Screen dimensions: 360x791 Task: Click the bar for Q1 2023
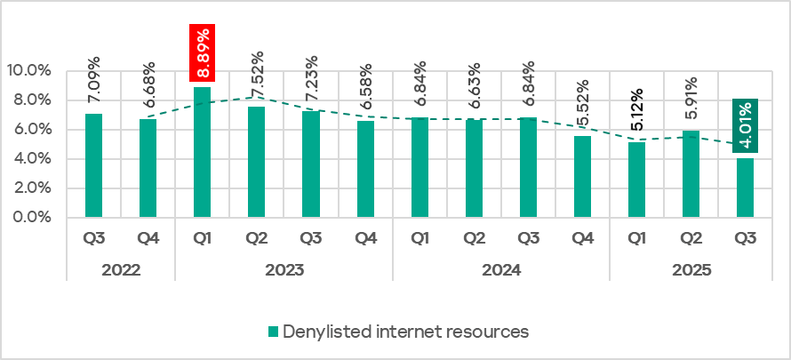point(202,152)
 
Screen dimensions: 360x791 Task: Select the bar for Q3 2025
point(747,188)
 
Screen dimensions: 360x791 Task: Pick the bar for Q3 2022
point(93,165)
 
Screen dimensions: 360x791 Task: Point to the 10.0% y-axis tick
point(28,71)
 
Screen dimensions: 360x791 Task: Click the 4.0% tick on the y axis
point(31,159)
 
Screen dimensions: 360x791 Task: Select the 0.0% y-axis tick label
point(31,218)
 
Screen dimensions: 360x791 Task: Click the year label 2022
point(121,268)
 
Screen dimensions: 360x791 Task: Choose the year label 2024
point(501,268)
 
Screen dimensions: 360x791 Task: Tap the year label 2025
point(691,268)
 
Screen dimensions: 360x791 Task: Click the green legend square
point(273,332)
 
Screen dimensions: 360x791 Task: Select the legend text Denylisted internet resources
point(405,332)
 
